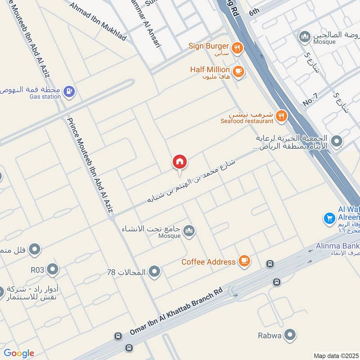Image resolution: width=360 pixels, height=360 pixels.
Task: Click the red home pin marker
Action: [180, 162]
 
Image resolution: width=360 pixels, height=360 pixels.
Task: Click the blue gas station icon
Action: [69, 92]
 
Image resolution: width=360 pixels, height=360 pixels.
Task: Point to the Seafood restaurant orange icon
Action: [281, 116]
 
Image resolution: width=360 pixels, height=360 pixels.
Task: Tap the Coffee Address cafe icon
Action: [244, 261]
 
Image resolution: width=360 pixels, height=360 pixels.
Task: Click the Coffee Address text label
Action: [208, 261]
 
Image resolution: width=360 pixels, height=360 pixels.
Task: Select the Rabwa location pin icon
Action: [291, 335]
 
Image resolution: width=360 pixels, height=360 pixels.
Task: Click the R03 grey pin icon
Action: [53, 270]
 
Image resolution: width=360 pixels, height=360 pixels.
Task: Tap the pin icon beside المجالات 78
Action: [154, 272]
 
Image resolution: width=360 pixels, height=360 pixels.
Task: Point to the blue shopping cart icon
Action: [329, 218]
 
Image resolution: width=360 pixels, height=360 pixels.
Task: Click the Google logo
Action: [18, 353]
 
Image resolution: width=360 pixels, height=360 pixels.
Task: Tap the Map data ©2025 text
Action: [336, 355]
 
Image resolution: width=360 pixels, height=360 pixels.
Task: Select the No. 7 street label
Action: [310, 99]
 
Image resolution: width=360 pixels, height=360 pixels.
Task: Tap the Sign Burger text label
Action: [209, 46]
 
